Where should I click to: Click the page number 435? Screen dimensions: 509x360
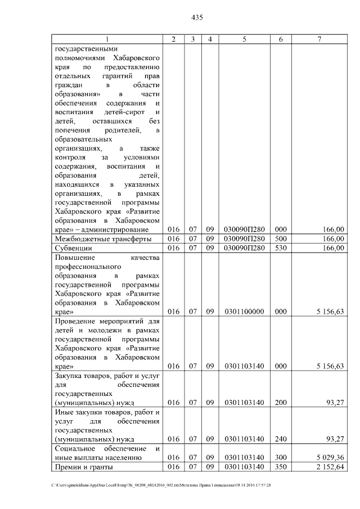[197, 17]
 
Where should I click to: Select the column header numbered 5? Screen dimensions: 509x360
[244, 39]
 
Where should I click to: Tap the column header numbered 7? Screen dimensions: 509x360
[319, 39]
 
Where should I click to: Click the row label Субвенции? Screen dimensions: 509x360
[73, 248]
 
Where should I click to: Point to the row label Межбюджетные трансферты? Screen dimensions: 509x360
[103, 238]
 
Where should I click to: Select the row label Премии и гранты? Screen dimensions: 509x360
[83, 467]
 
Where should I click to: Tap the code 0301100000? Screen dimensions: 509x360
[244, 312]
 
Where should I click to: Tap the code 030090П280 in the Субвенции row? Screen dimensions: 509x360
[244, 248]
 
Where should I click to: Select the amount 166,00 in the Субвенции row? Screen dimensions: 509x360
[334, 248]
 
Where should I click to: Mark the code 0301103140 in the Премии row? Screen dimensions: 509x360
[244, 467]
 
